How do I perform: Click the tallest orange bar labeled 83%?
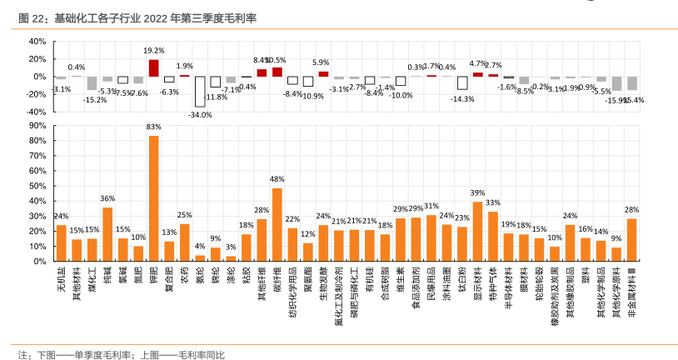pos(153,198)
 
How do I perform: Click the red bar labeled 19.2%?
pos(153,68)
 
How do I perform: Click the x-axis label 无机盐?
pos(61,278)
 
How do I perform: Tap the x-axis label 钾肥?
pos(153,276)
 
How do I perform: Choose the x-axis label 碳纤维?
pos(277,278)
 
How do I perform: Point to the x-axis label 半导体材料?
pos(508,283)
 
